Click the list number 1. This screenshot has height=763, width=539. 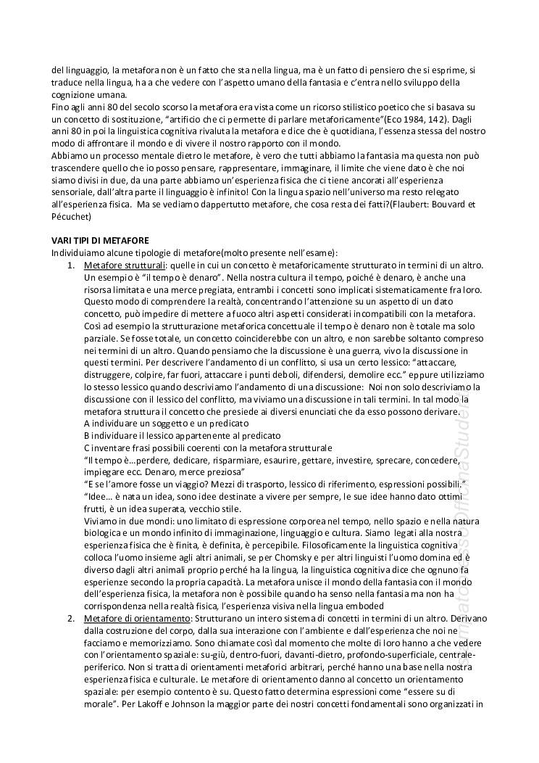point(70,265)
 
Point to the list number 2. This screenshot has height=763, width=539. point(70,618)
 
